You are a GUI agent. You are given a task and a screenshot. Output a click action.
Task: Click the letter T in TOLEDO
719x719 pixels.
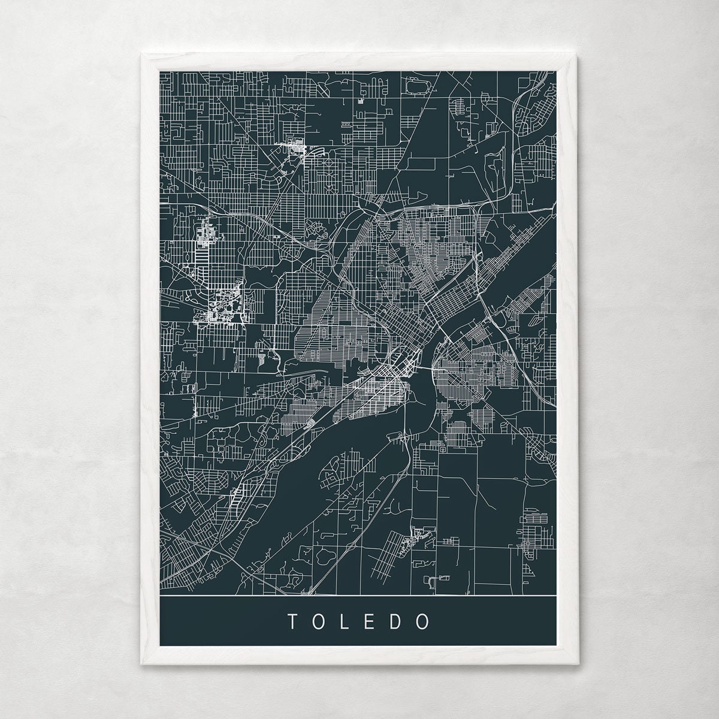pos(291,621)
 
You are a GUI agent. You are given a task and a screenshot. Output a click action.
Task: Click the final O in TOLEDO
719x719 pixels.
pos(425,621)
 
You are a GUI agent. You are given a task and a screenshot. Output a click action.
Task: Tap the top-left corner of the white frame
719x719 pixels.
pos(141,55)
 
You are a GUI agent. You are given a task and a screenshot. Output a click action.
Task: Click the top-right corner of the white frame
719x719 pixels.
pos(578,55)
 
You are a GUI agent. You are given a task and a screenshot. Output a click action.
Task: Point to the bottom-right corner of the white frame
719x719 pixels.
pos(578,663)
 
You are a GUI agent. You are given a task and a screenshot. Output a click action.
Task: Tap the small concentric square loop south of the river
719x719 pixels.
pos(443,448)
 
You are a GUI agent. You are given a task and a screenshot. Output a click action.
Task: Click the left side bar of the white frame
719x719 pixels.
pos(150,359)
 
